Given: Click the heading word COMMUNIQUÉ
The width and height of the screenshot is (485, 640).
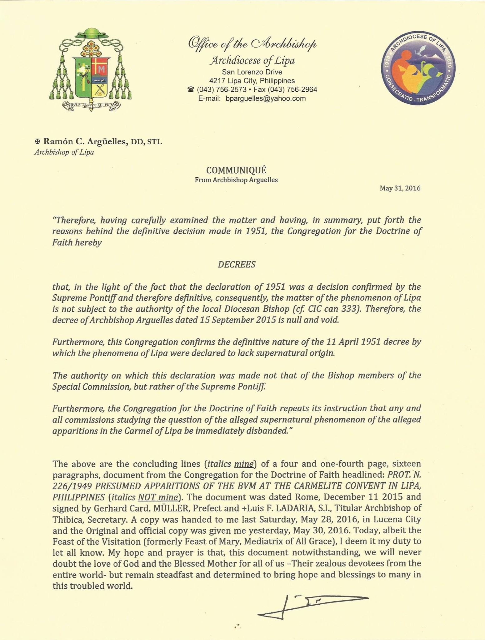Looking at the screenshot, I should pos(236,170).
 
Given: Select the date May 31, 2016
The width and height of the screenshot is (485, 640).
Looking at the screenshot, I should pos(400,188).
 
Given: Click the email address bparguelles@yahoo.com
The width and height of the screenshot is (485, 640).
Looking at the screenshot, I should pos(265,99).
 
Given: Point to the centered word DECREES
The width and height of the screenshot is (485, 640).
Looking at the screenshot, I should pos(237,265).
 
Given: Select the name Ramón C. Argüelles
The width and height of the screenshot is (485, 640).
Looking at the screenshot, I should pos(85,142).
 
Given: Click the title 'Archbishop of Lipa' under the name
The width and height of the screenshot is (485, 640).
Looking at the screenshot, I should pos(64,153).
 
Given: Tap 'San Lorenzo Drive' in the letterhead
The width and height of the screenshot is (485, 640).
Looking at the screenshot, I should pos(252,72).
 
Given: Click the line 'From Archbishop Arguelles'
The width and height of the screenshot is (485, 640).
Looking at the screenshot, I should pos(236,180).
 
